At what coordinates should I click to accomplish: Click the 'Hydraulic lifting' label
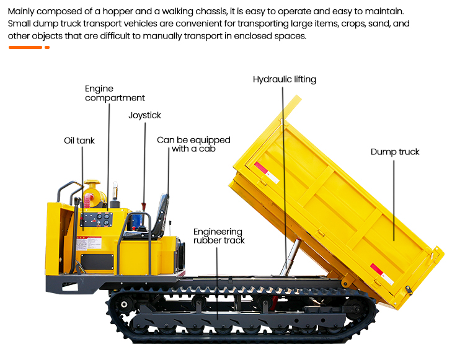pos(284,79)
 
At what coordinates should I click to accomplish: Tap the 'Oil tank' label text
pos(79,141)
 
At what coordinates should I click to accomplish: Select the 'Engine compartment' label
pos(115,94)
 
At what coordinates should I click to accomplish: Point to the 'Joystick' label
pos(144,115)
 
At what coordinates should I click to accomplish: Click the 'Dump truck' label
pos(395,152)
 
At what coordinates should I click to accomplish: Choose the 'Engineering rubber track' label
pos(219,236)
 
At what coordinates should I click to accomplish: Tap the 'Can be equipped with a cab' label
pos(193,144)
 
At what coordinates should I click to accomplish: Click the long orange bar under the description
pos(25,48)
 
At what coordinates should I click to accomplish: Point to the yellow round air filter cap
pos(92,187)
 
